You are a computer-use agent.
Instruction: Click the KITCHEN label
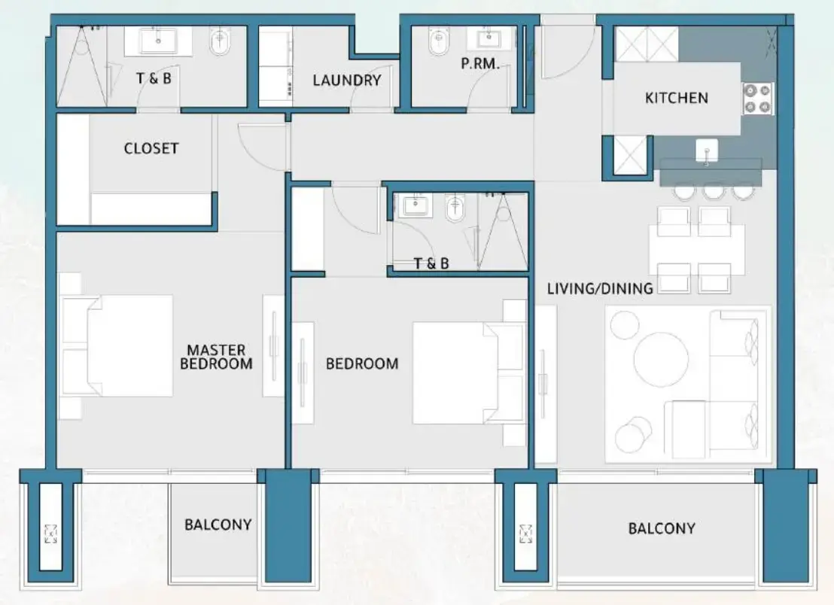676,98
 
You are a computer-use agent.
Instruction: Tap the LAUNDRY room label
346,80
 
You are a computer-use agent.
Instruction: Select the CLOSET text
151,148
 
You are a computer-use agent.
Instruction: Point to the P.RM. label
480,65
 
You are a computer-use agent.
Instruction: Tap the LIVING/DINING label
599,287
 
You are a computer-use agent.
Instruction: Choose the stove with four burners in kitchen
758,99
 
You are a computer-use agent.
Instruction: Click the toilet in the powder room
437,44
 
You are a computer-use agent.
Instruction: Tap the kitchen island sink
707,150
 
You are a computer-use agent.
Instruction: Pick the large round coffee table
661,358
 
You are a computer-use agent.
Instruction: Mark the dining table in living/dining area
697,250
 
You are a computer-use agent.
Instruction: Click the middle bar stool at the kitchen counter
713,191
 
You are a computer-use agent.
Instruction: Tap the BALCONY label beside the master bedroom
218,524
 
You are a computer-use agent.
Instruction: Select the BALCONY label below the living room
661,529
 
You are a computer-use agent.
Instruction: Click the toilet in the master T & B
221,43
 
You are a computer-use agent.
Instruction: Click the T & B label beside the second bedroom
431,263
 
